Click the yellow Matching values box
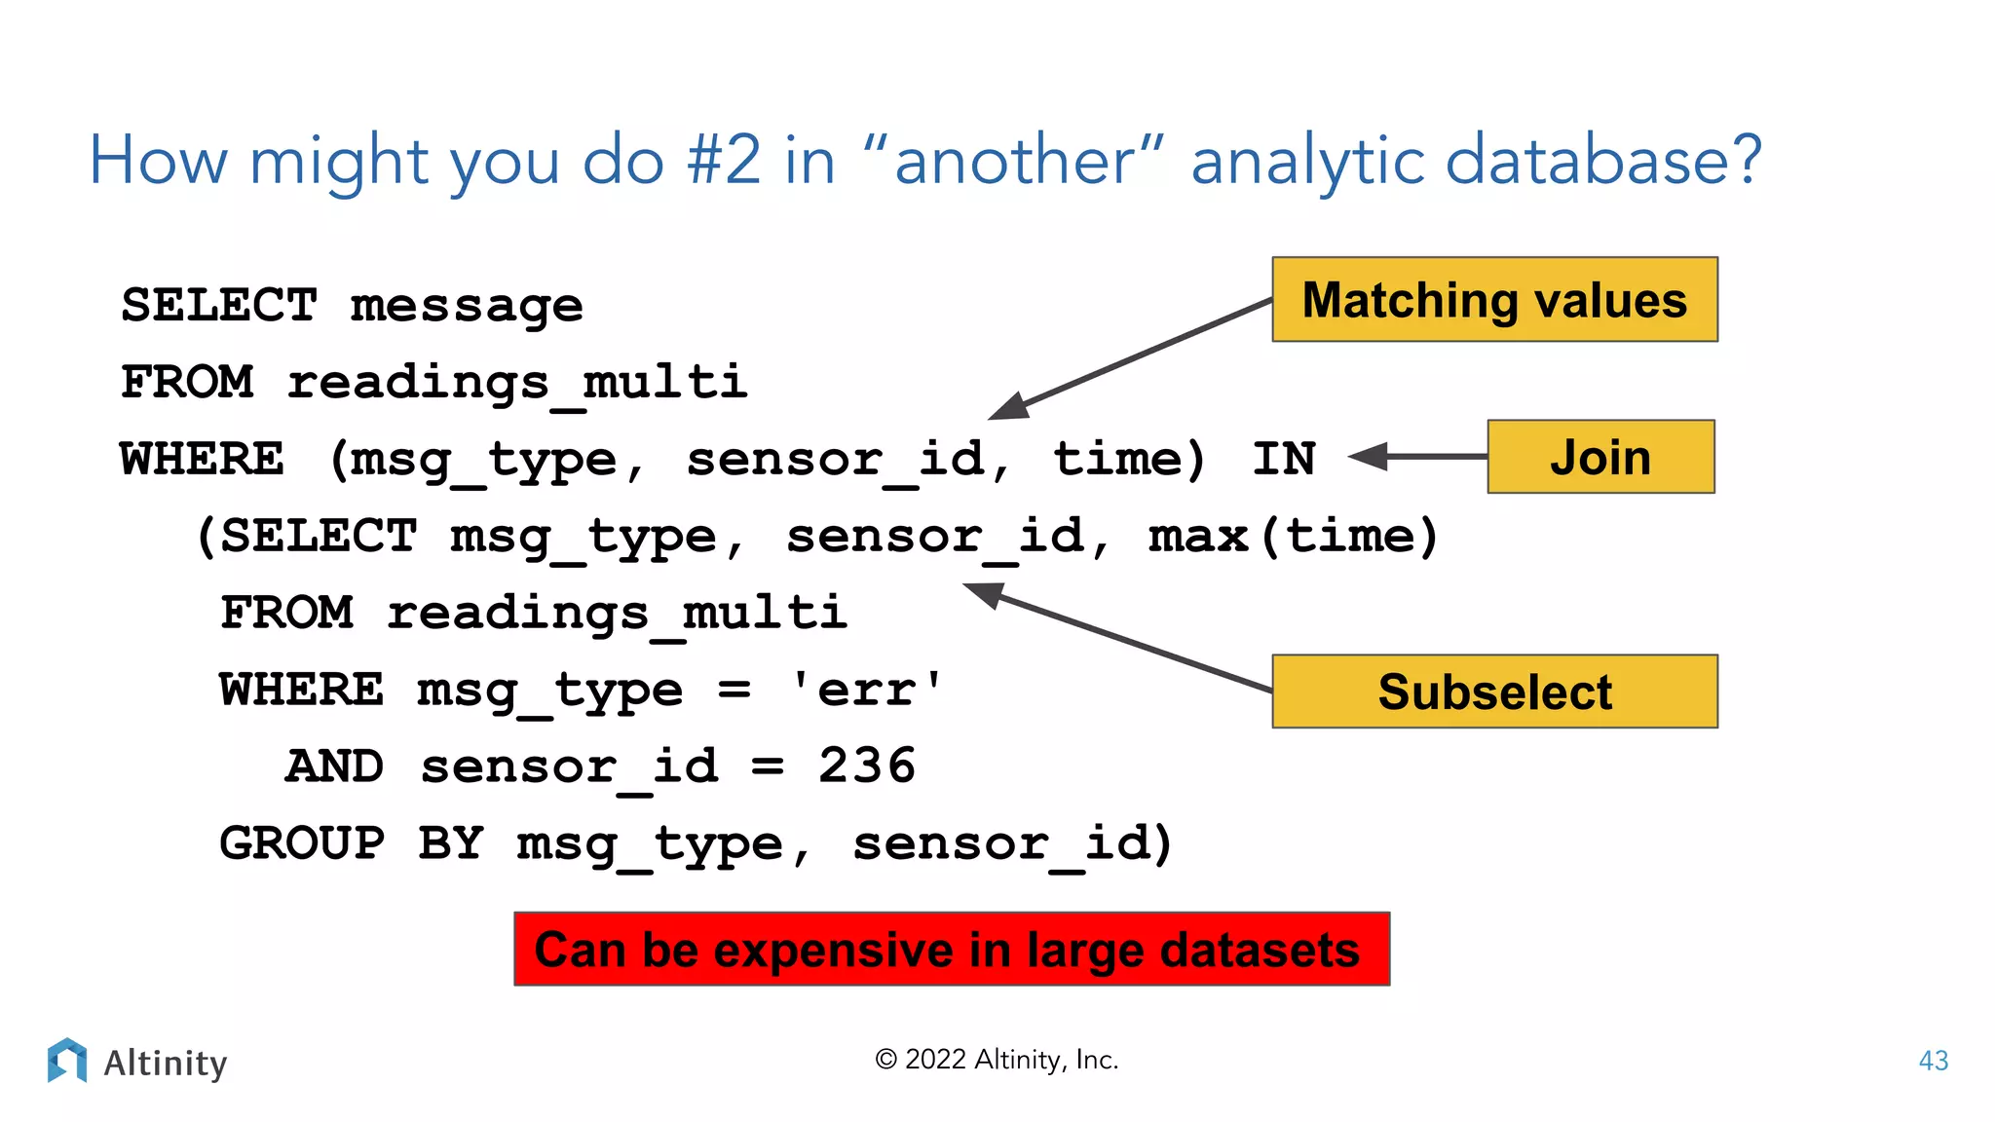click(1494, 300)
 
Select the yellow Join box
click(1600, 457)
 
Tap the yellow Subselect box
click(1494, 692)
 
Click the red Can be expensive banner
click(952, 950)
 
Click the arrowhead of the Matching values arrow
click(1009, 407)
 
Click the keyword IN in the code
click(1283, 459)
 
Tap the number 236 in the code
click(866, 766)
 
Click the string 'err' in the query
click(866, 690)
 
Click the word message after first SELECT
click(466, 306)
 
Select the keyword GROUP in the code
click(302, 842)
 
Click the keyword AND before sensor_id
click(334, 766)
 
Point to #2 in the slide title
click(724, 161)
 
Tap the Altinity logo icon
click(66, 1061)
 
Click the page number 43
click(1933, 1061)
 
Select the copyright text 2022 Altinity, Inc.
click(997, 1060)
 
